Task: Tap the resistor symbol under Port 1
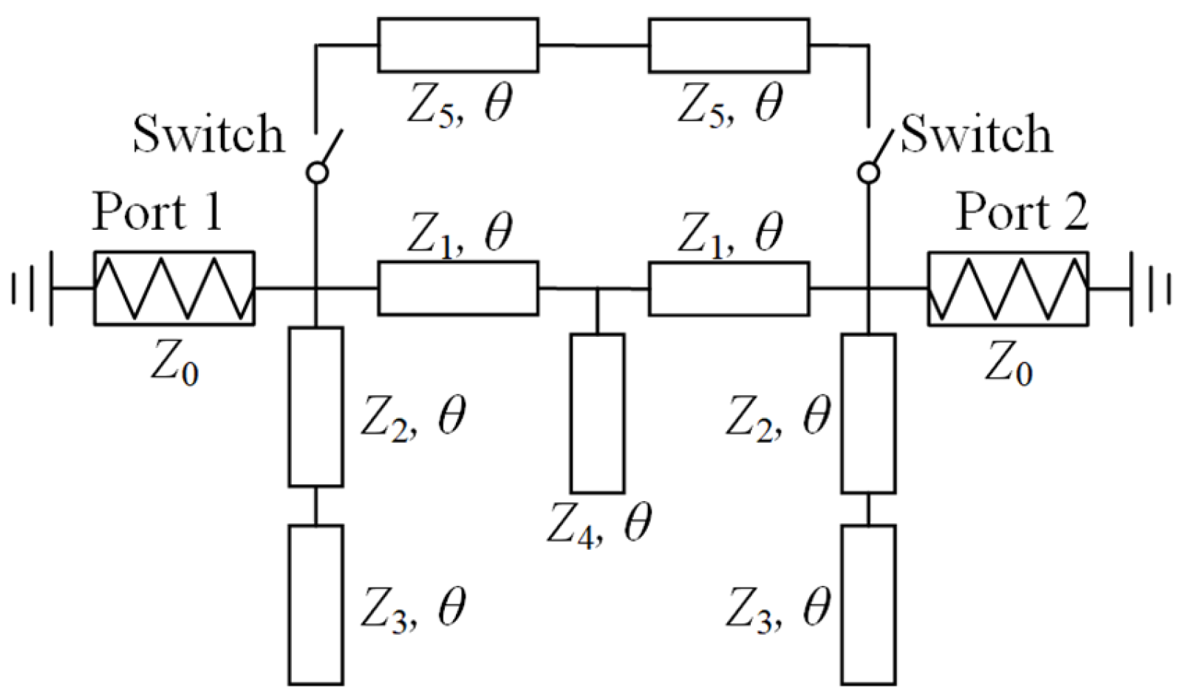pyautogui.click(x=174, y=288)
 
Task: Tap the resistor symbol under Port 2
pyautogui.click(x=1008, y=288)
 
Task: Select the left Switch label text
pyautogui.click(x=208, y=135)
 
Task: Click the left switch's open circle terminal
pyautogui.click(x=317, y=173)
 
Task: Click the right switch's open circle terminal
pyautogui.click(x=869, y=173)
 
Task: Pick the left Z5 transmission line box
pyautogui.click(x=458, y=45)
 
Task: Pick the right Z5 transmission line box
pyautogui.click(x=729, y=45)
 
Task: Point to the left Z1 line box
pyautogui.click(x=458, y=288)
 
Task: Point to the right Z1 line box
pyautogui.click(x=729, y=288)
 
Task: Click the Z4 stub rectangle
pyautogui.click(x=597, y=413)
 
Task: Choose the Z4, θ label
pyautogui.click(x=599, y=524)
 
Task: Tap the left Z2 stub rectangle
pyautogui.click(x=316, y=406)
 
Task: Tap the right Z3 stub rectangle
pyautogui.click(x=869, y=604)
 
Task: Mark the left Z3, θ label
pyautogui.click(x=413, y=607)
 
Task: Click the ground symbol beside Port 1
pyautogui.click(x=33, y=288)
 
